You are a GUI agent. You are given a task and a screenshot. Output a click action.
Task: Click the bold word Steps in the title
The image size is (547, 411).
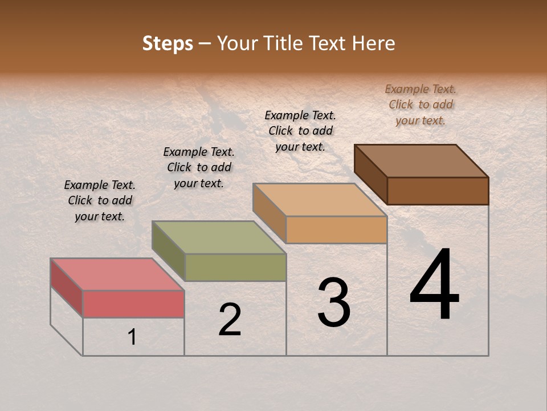tap(168, 43)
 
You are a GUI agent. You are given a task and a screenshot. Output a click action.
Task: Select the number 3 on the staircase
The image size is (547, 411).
tap(334, 303)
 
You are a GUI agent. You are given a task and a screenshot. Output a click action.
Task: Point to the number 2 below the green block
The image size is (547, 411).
tap(230, 320)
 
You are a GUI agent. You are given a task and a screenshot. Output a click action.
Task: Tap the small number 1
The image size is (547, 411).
tap(132, 337)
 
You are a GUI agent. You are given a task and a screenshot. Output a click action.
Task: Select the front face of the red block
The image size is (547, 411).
tap(133, 304)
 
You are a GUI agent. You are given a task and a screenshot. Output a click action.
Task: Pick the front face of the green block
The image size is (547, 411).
tap(235, 267)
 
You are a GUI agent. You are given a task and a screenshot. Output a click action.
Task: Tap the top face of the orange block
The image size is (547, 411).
tap(320, 200)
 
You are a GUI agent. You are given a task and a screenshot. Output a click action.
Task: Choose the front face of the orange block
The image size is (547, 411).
tap(336, 229)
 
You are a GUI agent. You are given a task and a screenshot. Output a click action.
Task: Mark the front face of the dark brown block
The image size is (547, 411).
tap(438, 191)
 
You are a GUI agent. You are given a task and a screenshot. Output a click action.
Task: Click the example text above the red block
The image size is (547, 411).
tap(100, 200)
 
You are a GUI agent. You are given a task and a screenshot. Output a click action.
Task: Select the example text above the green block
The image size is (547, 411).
tap(199, 167)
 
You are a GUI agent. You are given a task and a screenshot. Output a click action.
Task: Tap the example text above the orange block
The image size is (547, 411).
tap(300, 131)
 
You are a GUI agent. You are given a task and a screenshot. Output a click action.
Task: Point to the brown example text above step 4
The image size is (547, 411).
tap(421, 104)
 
